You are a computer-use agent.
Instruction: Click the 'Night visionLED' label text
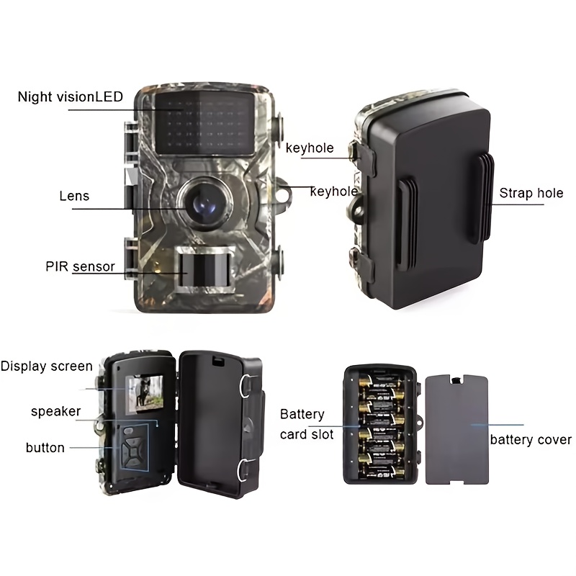pyautogui.click(x=70, y=96)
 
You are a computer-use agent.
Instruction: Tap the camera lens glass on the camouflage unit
pyautogui.click(x=204, y=205)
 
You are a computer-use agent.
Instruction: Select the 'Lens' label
pyautogui.click(x=74, y=196)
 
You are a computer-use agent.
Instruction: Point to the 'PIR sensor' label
pyautogui.click(x=80, y=266)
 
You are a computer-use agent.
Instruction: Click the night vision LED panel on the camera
pyautogui.click(x=205, y=122)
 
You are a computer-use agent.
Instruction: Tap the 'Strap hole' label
pyautogui.click(x=531, y=193)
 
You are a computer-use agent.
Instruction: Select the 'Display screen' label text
pyautogui.click(x=46, y=366)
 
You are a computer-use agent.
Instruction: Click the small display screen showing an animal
pyautogui.click(x=145, y=392)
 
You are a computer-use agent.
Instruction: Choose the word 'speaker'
pyautogui.click(x=56, y=411)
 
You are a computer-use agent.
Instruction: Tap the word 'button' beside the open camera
pyautogui.click(x=45, y=447)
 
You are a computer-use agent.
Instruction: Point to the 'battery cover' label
pyautogui.click(x=531, y=439)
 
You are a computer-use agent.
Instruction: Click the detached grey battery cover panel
pyautogui.click(x=457, y=430)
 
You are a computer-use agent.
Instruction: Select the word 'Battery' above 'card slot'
pyautogui.click(x=302, y=415)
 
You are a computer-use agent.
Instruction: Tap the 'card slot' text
pyautogui.click(x=307, y=434)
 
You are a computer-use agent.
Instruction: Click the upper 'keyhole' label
pyautogui.click(x=310, y=148)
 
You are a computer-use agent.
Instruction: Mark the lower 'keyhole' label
pyautogui.click(x=333, y=191)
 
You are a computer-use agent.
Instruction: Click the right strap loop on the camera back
pyautogui.click(x=485, y=199)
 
